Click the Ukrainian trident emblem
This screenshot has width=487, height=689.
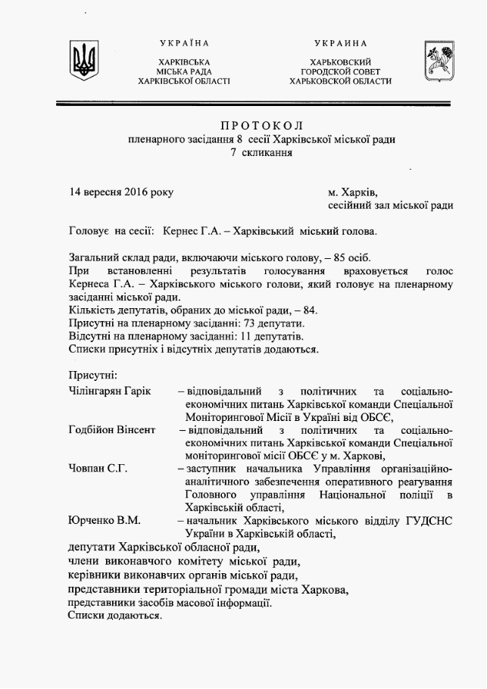tap(84, 60)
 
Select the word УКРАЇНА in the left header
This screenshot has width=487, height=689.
tap(184, 43)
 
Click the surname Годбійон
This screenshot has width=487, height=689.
tap(92, 430)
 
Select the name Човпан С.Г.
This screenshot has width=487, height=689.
tap(97, 469)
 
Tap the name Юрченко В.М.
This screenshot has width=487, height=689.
tap(104, 521)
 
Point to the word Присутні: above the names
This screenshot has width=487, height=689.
tap(92, 375)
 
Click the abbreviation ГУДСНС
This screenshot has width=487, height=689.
tap(423, 521)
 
